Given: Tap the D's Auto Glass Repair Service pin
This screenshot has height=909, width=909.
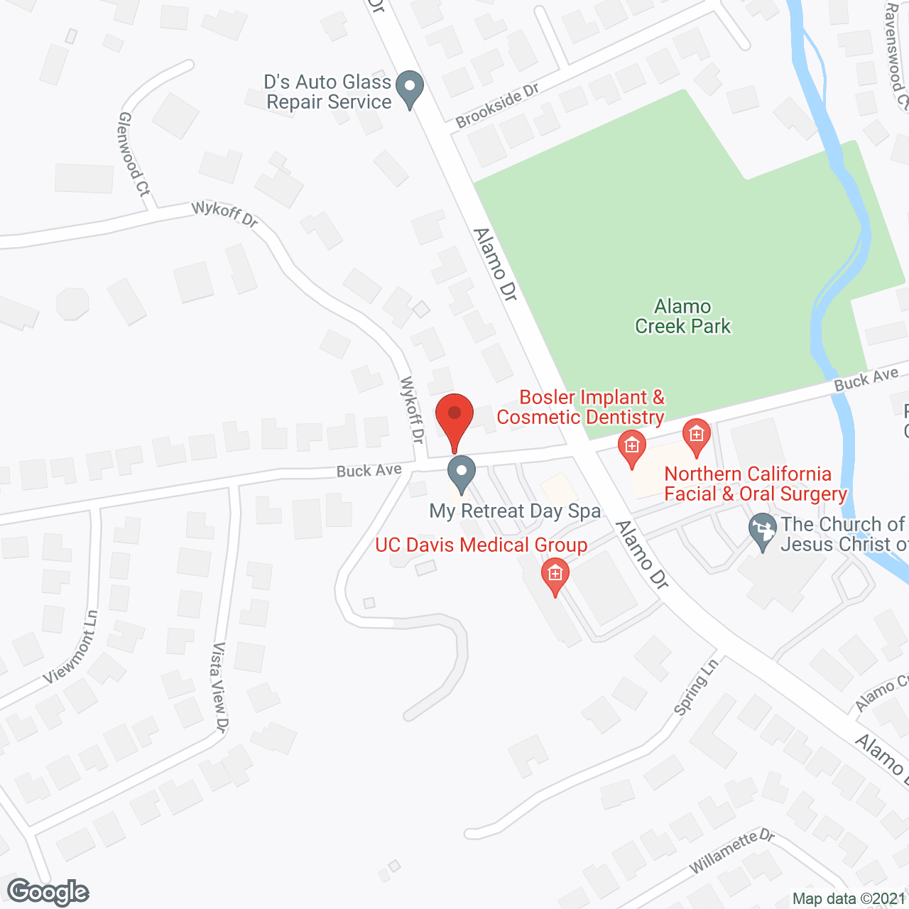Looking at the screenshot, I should click(x=409, y=89).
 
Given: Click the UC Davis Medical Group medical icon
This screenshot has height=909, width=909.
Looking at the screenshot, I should click(x=555, y=577).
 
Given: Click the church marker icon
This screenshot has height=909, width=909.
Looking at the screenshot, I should click(x=763, y=532).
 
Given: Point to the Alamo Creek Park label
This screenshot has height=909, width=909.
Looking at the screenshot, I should click(x=682, y=316).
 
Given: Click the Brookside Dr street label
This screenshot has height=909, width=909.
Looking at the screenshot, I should click(x=497, y=106).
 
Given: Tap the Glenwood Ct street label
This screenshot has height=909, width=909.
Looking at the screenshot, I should click(x=134, y=153).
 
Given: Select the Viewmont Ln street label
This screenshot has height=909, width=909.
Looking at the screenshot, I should click(x=71, y=647).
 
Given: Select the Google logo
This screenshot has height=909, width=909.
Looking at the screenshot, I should click(x=48, y=892).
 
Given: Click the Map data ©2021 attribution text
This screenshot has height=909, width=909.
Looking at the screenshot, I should click(x=849, y=899).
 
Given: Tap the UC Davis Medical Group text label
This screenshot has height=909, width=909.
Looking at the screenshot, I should click(x=481, y=545).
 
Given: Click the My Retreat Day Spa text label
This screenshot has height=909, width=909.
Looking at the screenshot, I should click(x=515, y=511).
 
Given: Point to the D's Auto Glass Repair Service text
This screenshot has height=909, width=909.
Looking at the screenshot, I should click(x=328, y=92).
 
